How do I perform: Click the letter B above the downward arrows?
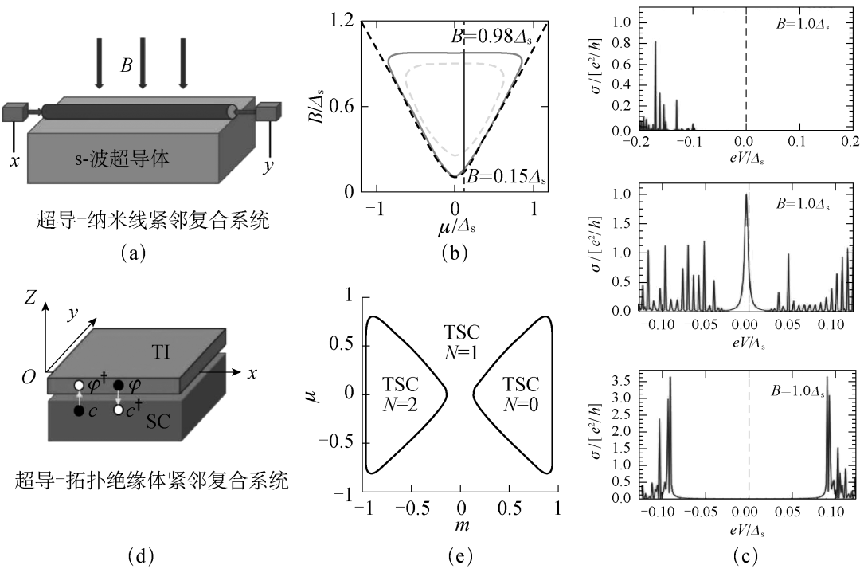[126, 65]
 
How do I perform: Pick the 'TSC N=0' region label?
[520, 393]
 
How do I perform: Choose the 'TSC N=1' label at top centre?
[461, 341]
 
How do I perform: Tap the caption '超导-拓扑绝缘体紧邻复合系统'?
[151, 481]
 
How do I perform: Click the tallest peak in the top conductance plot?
[655, 43]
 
